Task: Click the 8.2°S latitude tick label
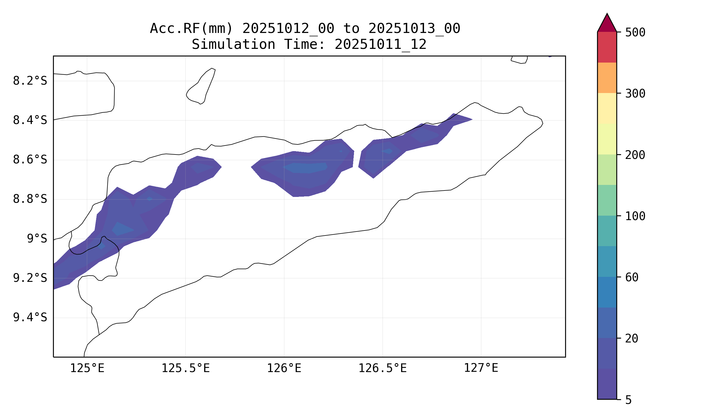30,81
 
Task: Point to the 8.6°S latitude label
30,160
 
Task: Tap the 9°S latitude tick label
37,239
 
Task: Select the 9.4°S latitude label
30,317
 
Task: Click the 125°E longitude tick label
87,368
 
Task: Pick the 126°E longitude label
284,368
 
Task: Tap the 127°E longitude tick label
481,368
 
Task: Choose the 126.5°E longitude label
382,368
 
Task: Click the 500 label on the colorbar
635,32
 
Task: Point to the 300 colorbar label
635,94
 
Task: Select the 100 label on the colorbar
635,216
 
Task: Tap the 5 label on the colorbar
628,400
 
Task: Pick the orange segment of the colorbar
607,78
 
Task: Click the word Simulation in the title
233,44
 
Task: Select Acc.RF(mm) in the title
191,28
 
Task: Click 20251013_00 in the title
414,28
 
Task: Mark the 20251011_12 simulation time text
380,44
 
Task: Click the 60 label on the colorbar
632,278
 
